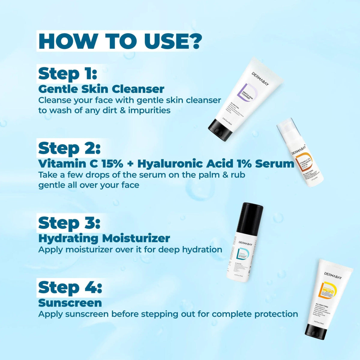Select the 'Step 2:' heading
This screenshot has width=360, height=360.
69,148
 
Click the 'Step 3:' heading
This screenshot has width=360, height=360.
69,223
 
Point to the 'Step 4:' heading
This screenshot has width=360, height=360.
70,287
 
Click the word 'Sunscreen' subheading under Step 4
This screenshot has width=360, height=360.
70,303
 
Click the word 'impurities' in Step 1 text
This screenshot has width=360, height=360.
149,110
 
